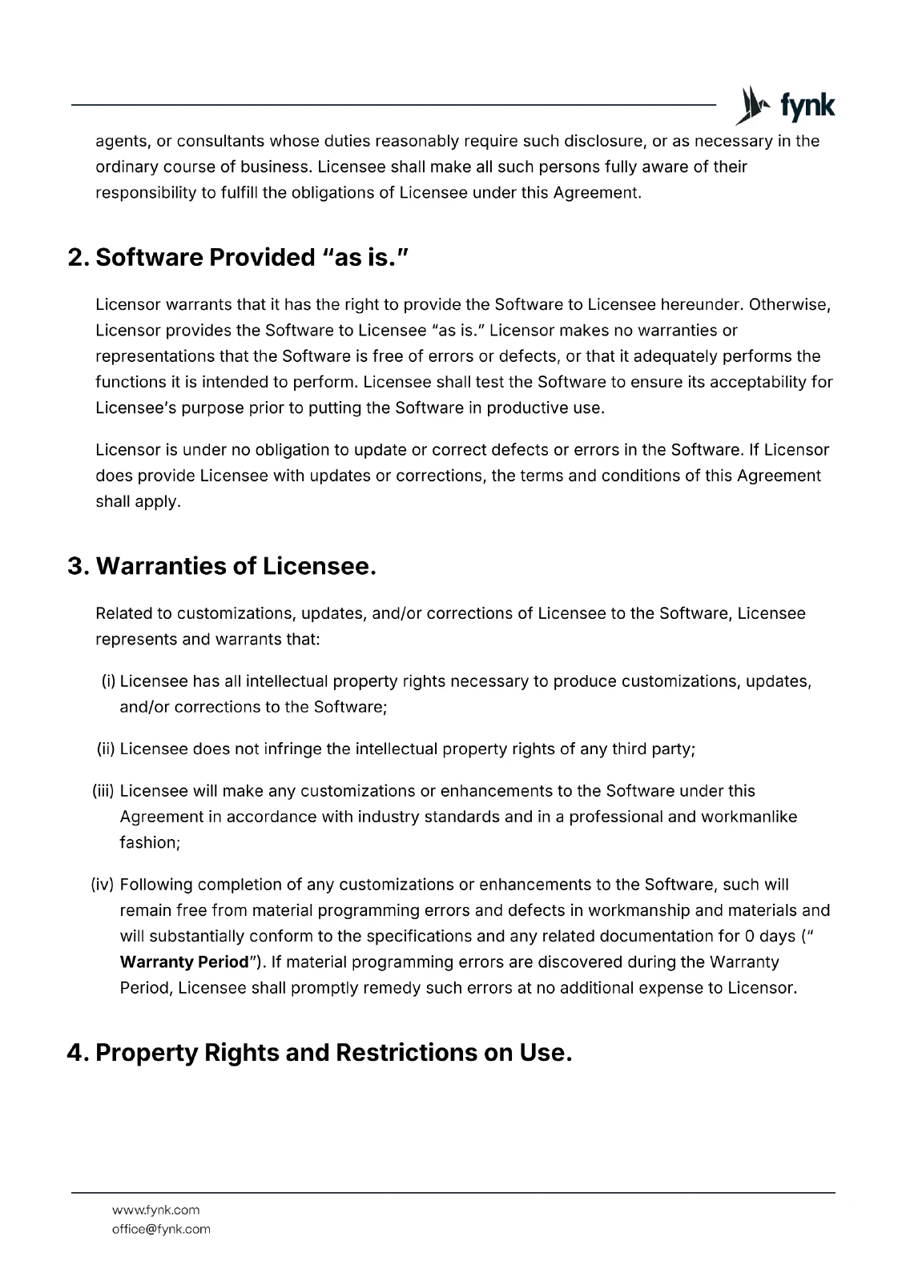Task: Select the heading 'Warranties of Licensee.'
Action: (x=236, y=566)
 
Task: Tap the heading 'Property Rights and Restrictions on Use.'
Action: (x=333, y=1052)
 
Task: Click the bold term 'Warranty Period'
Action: (x=184, y=962)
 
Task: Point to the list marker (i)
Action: (x=109, y=681)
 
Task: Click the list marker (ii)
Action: (x=107, y=749)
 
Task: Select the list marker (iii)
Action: (x=104, y=791)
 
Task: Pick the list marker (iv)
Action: (x=103, y=885)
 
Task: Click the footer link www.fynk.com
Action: (x=155, y=1210)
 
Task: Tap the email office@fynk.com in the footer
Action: (x=161, y=1229)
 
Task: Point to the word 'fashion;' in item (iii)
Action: (x=150, y=842)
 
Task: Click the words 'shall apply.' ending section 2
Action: (x=138, y=502)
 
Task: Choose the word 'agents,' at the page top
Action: (x=123, y=142)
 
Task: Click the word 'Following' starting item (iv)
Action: (x=155, y=885)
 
